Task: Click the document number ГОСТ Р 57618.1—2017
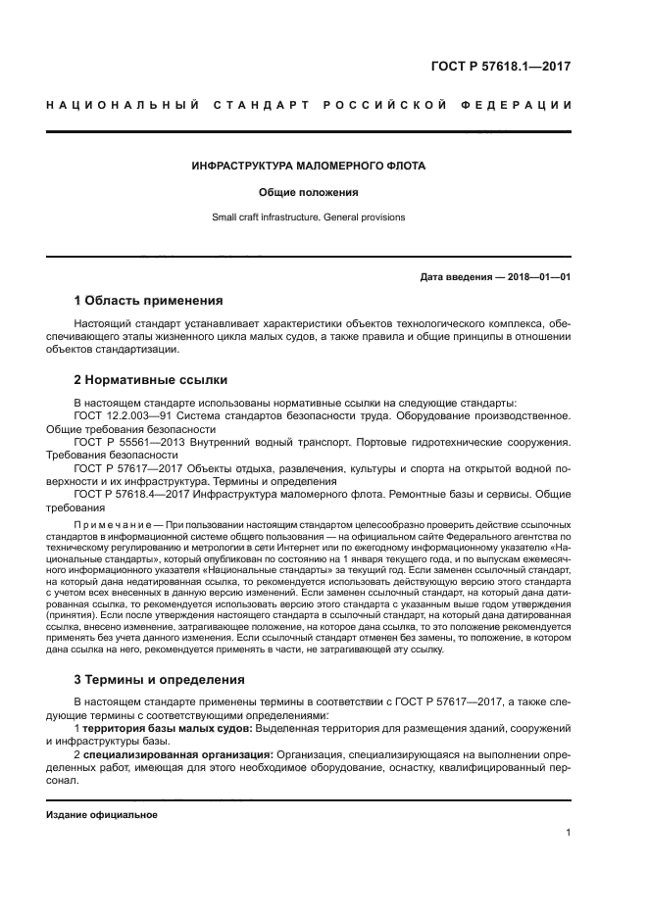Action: point(501,67)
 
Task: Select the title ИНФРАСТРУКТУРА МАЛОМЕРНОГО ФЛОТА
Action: point(309,167)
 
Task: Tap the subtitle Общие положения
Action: point(309,192)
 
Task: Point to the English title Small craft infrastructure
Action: point(265,217)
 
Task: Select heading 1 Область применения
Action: point(149,300)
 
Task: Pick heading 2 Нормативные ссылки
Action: point(151,379)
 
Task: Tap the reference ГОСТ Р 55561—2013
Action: point(126,442)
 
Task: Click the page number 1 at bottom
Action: point(569,833)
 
